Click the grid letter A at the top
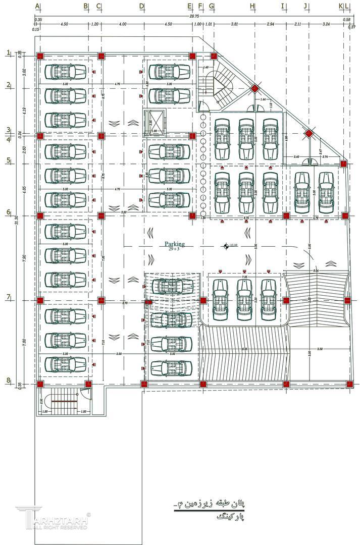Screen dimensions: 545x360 (x=38, y=6)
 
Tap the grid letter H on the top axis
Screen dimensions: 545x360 (x=252, y=6)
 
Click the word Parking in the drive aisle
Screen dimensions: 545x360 (x=174, y=244)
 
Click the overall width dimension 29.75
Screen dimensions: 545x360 (x=194, y=17)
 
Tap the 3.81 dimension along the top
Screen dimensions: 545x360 (x=234, y=24)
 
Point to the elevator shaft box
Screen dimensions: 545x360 (x=155, y=122)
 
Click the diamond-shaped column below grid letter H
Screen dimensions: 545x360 (x=255, y=89)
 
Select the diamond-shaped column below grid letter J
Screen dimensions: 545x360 (x=308, y=134)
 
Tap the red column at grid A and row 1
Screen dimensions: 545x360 (x=40, y=56)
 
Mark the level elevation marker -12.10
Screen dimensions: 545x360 (x=230, y=246)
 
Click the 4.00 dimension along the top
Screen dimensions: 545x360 (x=123, y=24)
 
